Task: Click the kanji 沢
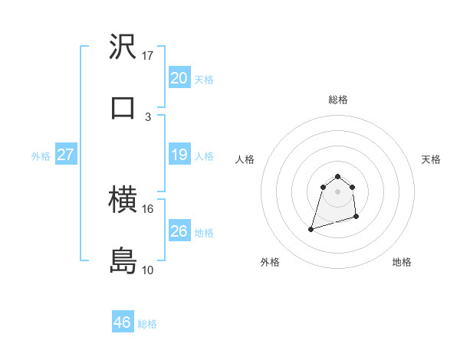point(123,48)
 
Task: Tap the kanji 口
point(123,107)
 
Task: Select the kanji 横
point(123,201)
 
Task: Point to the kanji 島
point(123,261)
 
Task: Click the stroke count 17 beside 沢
point(148,56)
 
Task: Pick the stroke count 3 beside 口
point(148,116)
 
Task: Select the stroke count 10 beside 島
point(148,270)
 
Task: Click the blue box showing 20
point(179,77)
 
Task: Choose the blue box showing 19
point(179,155)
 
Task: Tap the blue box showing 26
point(179,231)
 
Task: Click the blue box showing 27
point(65,155)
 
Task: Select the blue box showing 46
point(123,322)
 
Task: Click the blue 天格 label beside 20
point(204,80)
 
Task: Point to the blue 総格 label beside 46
point(147,324)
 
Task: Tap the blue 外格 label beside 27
point(41,156)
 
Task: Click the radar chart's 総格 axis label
point(338,100)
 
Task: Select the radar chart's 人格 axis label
point(245,159)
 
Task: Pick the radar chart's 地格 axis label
point(402,263)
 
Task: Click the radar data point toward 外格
point(311,228)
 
